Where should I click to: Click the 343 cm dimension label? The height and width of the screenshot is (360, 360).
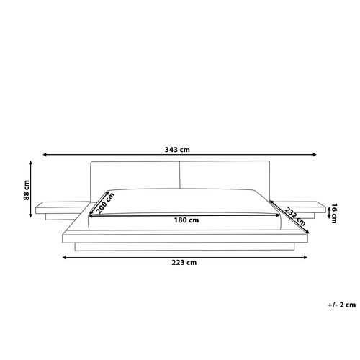(177, 150)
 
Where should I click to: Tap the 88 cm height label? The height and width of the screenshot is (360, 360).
(27, 190)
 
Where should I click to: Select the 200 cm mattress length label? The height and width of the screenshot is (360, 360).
(105, 203)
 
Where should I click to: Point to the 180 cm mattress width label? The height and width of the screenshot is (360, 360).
(186, 220)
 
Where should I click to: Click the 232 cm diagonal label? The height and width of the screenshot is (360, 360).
(295, 217)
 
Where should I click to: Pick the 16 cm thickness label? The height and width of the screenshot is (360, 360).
(334, 213)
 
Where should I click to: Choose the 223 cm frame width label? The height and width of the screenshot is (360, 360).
(184, 263)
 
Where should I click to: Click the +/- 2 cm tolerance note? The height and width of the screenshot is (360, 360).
(342, 305)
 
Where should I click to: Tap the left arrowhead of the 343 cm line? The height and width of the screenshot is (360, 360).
(45, 155)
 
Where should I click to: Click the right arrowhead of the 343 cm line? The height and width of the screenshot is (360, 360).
(315, 155)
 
